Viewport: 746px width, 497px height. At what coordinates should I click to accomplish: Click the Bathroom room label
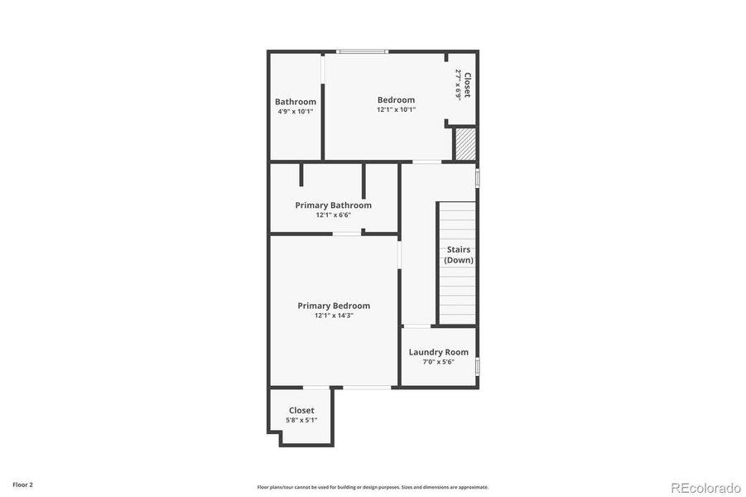[x=296, y=102]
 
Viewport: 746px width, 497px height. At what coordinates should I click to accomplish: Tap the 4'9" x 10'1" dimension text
[x=296, y=112]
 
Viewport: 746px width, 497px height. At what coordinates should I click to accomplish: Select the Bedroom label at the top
[x=396, y=99]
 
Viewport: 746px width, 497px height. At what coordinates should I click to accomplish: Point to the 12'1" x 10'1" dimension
[x=396, y=109]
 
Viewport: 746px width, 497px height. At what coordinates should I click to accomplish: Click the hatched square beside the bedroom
[x=465, y=143]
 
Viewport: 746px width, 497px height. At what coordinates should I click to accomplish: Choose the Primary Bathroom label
[x=333, y=205]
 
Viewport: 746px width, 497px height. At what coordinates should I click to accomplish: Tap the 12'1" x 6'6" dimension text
[x=333, y=215]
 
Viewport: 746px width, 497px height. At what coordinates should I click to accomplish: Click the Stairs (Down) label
[x=459, y=254]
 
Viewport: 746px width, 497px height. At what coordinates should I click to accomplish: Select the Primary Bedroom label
[x=334, y=306]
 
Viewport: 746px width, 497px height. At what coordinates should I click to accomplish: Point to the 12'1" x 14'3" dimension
[x=334, y=316]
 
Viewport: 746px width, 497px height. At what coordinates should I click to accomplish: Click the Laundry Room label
[x=438, y=352]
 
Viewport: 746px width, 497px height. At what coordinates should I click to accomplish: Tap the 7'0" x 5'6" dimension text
[x=438, y=362]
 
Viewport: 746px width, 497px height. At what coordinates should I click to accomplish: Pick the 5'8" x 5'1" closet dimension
[x=301, y=420]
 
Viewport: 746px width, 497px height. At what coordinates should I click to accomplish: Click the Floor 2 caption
[x=22, y=484]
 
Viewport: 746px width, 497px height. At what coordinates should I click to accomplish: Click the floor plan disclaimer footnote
[x=373, y=487]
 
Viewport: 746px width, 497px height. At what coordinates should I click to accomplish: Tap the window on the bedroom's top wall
[x=361, y=52]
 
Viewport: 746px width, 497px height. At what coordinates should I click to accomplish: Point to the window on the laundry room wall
[x=477, y=366]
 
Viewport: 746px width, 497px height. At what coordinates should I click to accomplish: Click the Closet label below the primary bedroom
[x=301, y=410]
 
